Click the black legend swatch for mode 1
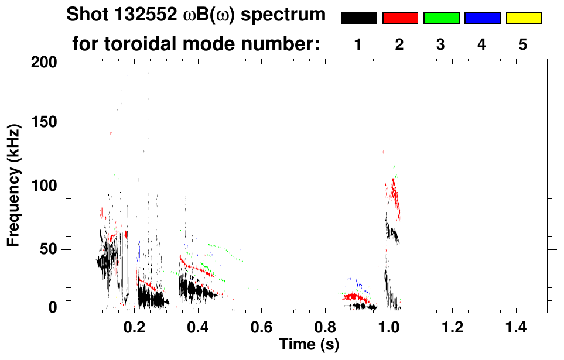tap(359, 18)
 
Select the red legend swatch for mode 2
tap(400, 18)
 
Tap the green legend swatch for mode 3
tap(441, 18)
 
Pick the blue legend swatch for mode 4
tap(482, 18)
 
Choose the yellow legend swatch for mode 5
tap(523, 18)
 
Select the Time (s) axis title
tap(309, 345)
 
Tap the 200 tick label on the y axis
tap(45, 60)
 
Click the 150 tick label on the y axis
tap(45, 122)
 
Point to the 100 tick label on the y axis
tap(45, 186)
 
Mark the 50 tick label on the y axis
tap(49, 249)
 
